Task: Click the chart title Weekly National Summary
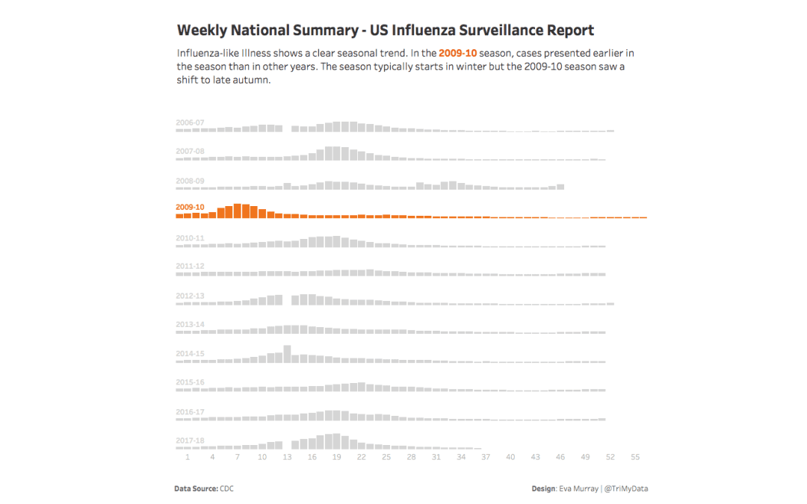tap(385, 31)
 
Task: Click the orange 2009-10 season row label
tap(190, 207)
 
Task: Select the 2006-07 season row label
tap(190, 122)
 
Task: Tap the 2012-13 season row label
tap(190, 296)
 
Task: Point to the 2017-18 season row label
tap(190, 441)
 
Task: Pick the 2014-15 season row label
tap(190, 354)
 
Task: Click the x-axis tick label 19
tap(336, 457)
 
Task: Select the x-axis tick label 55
tap(635, 457)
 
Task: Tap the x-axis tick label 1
tap(188, 457)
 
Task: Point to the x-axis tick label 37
tap(486, 457)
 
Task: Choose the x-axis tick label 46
tap(560, 457)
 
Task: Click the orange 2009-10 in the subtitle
tap(457, 54)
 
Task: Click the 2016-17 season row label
tap(190, 411)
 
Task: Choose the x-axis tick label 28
tap(411, 457)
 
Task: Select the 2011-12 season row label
tap(190, 266)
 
